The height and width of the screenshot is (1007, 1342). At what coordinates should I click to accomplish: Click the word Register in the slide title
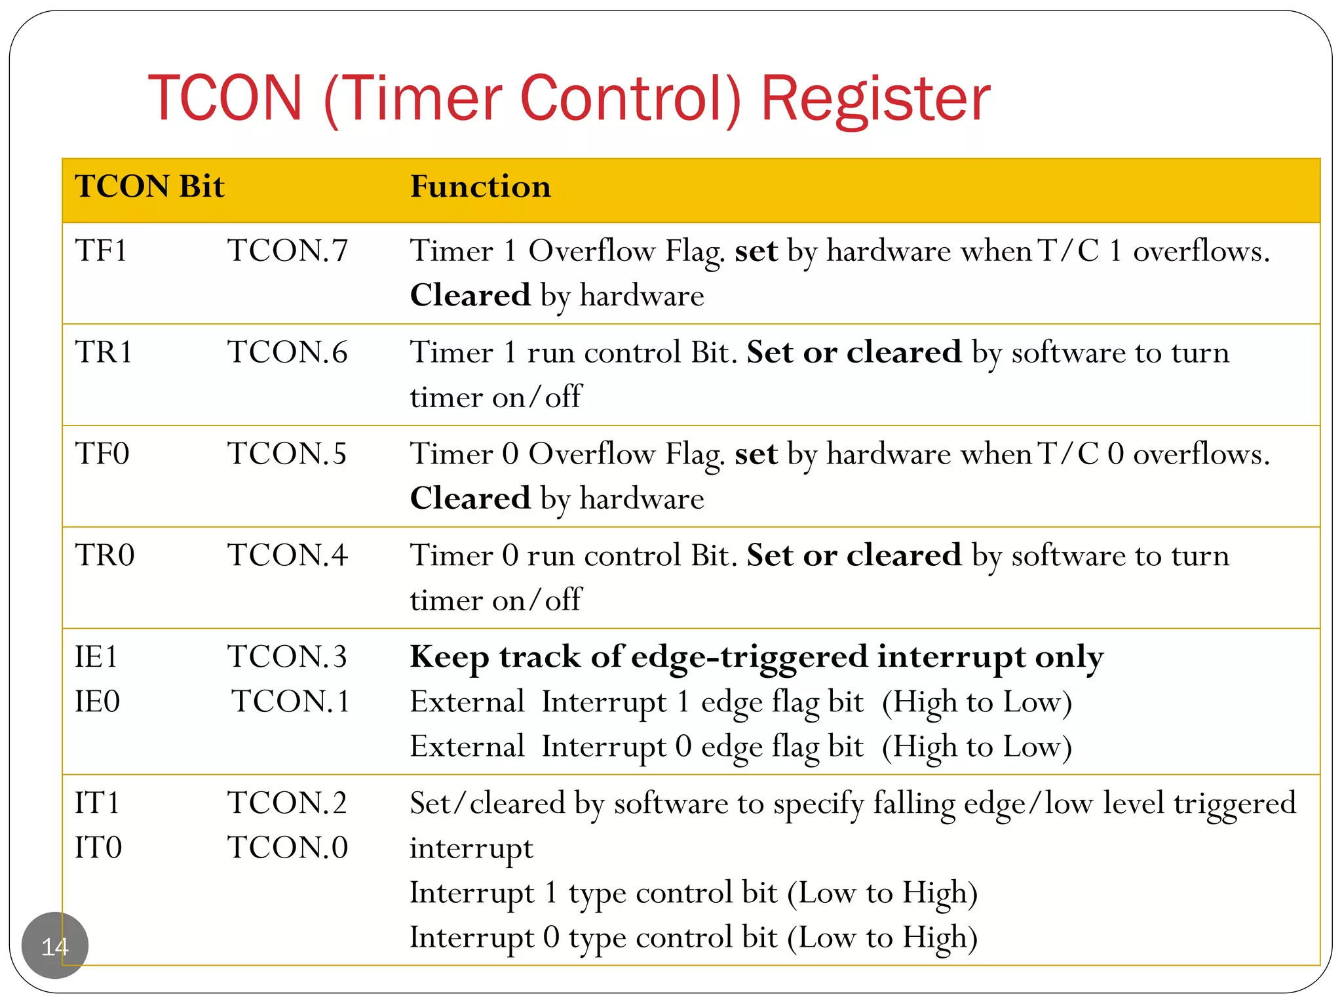(x=875, y=100)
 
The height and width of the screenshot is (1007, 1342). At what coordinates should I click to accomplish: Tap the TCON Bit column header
(x=149, y=187)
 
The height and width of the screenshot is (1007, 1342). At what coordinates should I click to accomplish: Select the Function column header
(x=480, y=187)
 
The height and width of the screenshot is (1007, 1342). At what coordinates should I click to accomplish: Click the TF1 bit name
(x=101, y=251)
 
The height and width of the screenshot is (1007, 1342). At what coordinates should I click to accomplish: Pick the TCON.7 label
(x=288, y=251)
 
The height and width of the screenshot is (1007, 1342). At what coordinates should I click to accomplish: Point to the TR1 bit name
(x=104, y=353)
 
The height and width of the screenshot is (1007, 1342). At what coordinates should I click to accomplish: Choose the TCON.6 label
(x=288, y=353)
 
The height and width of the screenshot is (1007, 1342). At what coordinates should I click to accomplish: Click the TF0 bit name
(x=102, y=454)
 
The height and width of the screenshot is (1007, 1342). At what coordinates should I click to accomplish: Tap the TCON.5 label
(x=287, y=454)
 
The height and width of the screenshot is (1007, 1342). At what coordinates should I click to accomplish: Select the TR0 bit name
(x=105, y=556)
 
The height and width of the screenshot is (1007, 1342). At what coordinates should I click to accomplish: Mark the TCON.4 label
(x=288, y=556)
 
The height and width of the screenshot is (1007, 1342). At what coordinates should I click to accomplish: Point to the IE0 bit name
(x=98, y=702)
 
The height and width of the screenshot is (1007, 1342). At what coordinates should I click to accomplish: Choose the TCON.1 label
(x=291, y=702)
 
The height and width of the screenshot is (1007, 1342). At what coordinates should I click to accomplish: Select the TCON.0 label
(x=288, y=848)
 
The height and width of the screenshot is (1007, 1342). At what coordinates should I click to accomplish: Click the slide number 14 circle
(x=55, y=946)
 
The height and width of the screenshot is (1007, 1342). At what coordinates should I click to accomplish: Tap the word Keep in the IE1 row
(x=450, y=658)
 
